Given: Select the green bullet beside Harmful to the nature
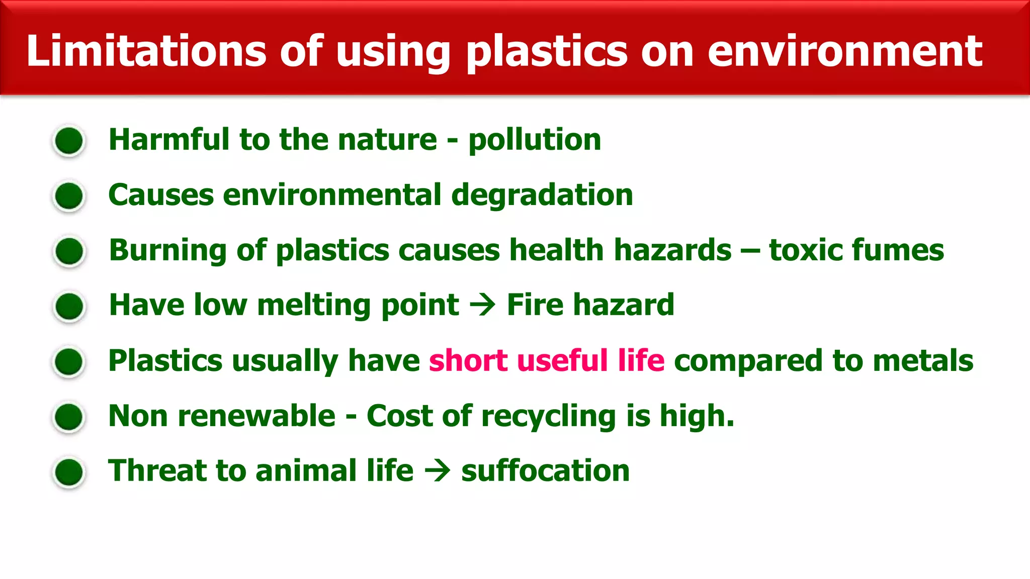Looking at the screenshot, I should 69,141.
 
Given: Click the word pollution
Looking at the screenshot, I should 535,140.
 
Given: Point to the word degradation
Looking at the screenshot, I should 542,195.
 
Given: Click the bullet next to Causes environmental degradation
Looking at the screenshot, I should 69,196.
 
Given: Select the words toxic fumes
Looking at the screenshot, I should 856,250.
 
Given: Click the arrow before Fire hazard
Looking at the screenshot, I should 482,305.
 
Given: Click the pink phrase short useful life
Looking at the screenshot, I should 547,360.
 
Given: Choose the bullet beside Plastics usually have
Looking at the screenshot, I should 69,361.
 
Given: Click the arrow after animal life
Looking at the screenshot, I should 437,471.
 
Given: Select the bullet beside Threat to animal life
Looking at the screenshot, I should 69,472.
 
